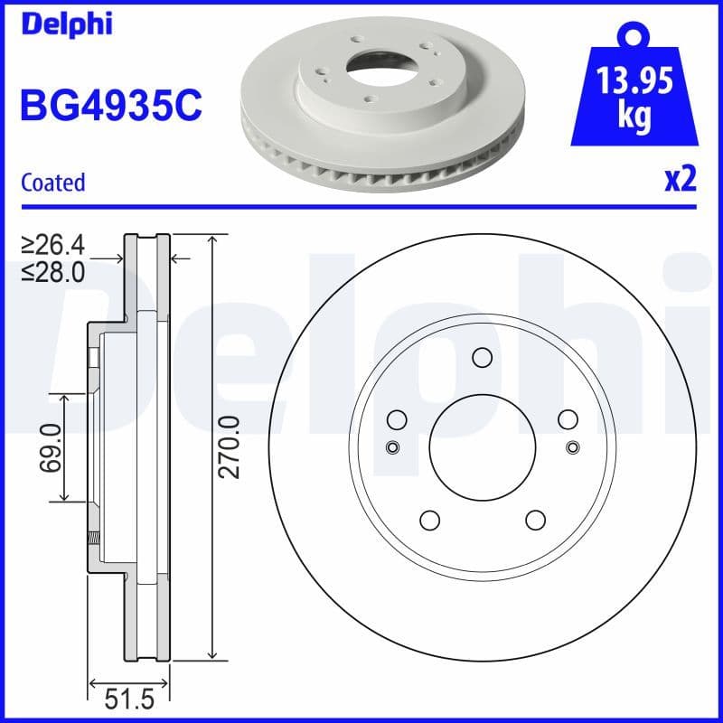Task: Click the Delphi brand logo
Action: (x=65, y=23)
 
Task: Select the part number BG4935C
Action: (x=110, y=106)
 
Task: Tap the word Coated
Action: (x=52, y=183)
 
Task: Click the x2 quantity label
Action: (x=681, y=180)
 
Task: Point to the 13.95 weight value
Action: (x=635, y=84)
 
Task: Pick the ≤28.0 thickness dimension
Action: (x=53, y=271)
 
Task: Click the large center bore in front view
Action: (x=482, y=447)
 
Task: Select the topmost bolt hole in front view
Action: (x=482, y=358)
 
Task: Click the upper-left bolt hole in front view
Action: (x=396, y=419)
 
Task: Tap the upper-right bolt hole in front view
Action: (x=568, y=419)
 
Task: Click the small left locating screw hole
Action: (x=391, y=447)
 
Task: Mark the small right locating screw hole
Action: (x=572, y=447)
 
